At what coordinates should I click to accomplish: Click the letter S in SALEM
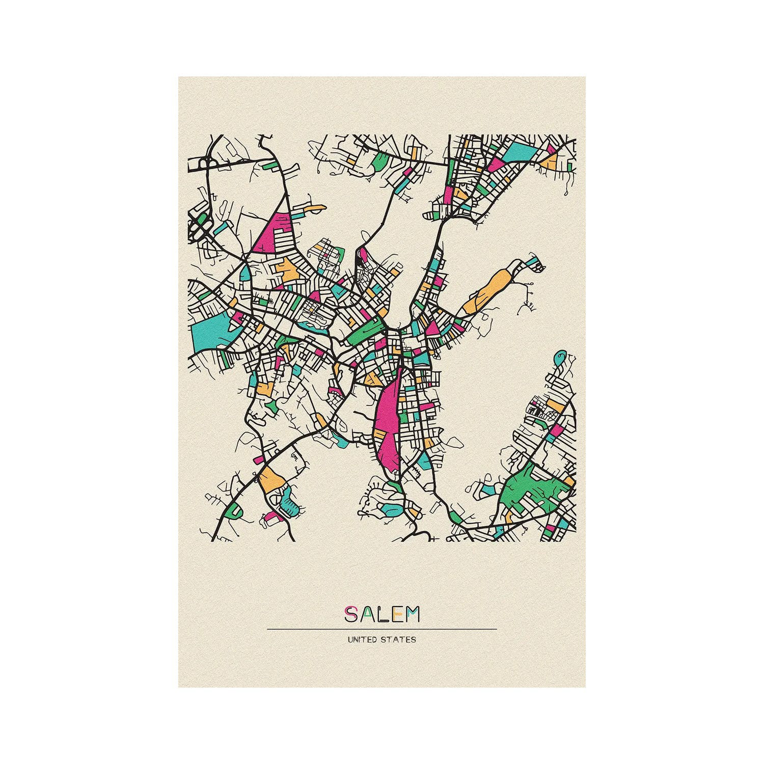coord(350,615)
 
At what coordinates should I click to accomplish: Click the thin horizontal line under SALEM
coord(382,629)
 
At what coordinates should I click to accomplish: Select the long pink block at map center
coord(387,423)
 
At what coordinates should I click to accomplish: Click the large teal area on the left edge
coord(210,331)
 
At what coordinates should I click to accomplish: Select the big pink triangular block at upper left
coord(275,232)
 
